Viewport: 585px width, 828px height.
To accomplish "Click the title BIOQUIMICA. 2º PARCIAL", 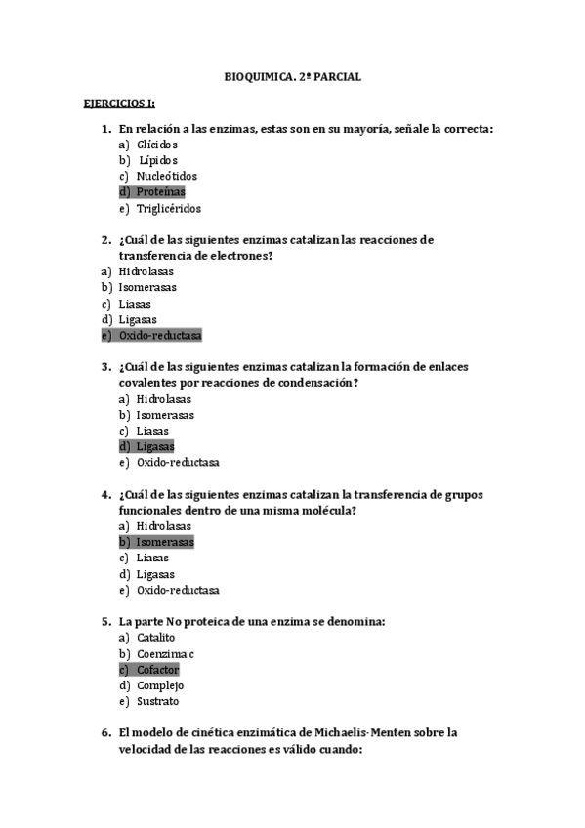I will point(292,76).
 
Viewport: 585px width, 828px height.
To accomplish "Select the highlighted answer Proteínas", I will point(161,192).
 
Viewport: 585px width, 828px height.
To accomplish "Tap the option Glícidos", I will point(157,145).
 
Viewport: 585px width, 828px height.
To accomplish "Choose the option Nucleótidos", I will point(167,177).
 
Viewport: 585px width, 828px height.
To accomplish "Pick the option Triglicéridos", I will point(169,208).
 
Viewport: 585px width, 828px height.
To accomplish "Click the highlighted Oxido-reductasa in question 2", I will point(159,336).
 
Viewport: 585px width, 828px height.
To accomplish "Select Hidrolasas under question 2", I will point(146,271).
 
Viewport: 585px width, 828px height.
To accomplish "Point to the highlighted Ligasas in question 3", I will point(155,447).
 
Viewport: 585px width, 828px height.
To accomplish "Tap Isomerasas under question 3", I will point(165,415).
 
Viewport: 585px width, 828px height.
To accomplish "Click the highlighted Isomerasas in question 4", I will point(165,542).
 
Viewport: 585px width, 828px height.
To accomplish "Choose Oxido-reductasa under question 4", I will point(178,590).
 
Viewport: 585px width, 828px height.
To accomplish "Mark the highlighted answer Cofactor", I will point(157,670).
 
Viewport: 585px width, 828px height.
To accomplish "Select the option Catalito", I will point(156,638).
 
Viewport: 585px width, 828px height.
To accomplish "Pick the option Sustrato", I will point(158,701).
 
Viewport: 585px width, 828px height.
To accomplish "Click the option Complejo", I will point(160,685).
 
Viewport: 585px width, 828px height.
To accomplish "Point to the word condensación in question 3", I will point(307,383).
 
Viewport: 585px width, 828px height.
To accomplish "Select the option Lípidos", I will point(158,160).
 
